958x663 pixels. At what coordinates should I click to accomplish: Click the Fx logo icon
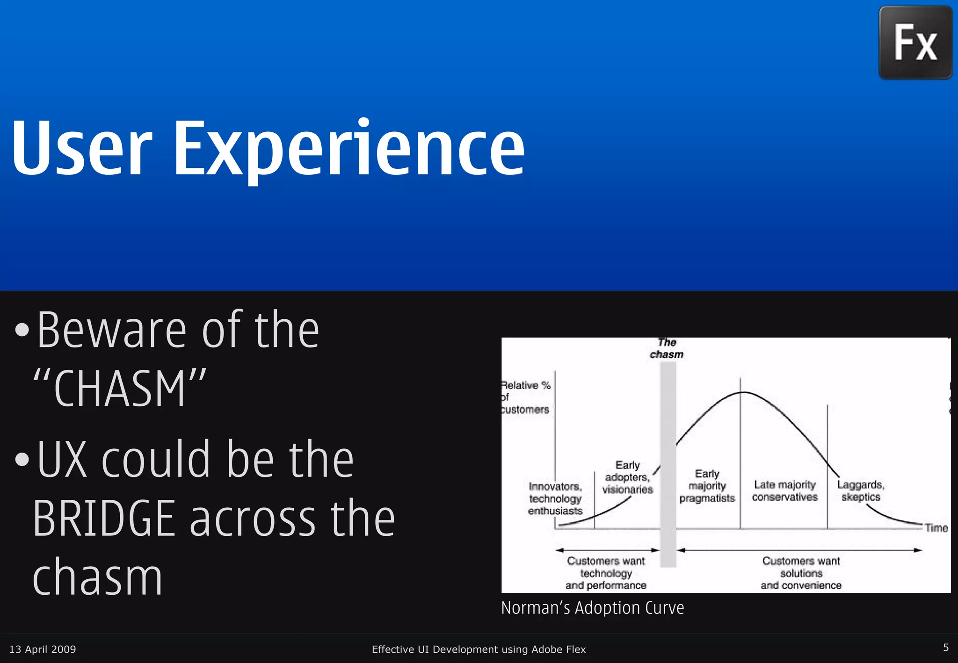(x=915, y=42)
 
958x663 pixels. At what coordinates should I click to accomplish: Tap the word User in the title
(x=82, y=149)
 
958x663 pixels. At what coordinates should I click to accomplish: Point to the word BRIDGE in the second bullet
(x=104, y=518)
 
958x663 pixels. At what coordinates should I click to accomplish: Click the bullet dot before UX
(x=22, y=460)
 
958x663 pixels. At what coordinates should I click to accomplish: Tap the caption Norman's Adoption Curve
(x=592, y=608)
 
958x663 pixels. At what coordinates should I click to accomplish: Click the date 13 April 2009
(x=43, y=649)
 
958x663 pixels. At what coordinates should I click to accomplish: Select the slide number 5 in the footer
(x=945, y=648)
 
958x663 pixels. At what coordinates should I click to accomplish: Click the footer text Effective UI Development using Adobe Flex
(x=479, y=649)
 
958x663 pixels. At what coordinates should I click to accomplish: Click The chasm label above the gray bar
(x=667, y=348)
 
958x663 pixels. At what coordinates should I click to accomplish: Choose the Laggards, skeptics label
(x=861, y=490)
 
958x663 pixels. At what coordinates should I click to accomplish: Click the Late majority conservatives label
(x=784, y=490)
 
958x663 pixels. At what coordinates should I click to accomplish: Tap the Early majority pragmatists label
(x=707, y=486)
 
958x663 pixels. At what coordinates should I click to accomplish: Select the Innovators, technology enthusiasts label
(x=555, y=498)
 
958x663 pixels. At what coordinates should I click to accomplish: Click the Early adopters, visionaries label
(x=627, y=477)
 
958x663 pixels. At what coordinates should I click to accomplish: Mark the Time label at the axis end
(x=936, y=528)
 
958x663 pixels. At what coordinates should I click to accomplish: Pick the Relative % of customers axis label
(x=525, y=397)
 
